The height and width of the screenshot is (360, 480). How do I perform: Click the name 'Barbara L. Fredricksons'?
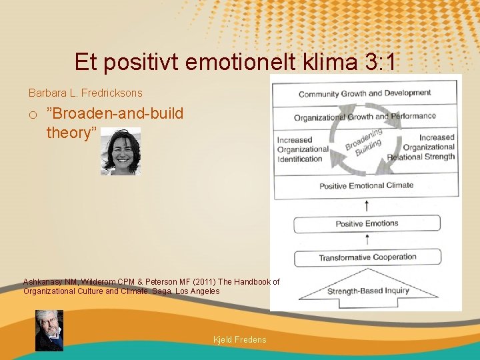click(85, 93)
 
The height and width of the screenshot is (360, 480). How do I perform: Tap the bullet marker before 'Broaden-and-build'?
click(33, 114)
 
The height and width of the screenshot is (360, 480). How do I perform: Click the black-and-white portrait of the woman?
click(121, 152)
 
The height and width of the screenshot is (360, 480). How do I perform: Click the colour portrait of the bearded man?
click(49, 330)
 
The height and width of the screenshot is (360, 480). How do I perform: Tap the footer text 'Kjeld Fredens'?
click(239, 340)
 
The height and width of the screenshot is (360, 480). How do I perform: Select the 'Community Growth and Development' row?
click(365, 93)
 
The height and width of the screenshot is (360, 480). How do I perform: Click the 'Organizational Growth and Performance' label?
click(365, 117)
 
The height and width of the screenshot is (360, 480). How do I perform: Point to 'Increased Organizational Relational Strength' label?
click(428, 147)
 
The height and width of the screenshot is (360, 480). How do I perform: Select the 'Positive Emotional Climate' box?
click(366, 185)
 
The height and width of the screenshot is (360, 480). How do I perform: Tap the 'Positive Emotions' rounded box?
click(367, 224)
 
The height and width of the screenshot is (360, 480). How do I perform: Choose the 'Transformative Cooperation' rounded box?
click(367, 257)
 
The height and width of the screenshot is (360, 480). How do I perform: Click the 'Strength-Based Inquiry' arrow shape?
click(367, 291)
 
